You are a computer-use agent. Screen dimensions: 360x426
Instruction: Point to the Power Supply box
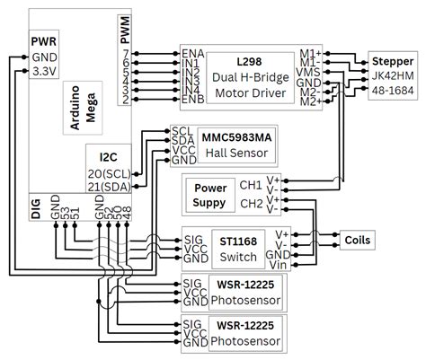tap(206, 196)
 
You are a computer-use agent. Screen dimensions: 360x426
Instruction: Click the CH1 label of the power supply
tap(250, 185)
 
